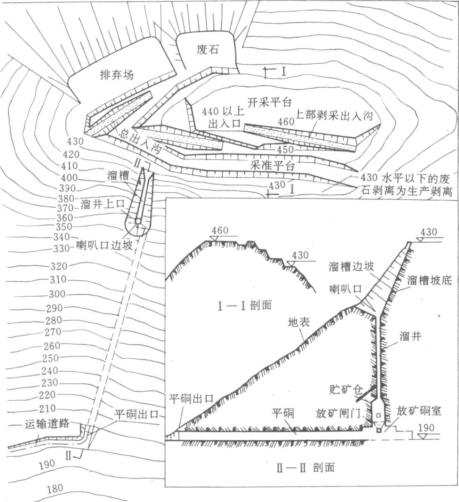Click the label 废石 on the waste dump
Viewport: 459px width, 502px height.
tap(207, 50)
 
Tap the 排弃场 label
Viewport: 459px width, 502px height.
tap(117, 75)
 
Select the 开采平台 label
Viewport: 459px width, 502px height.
tap(269, 102)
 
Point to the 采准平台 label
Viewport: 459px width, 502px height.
tap(272, 166)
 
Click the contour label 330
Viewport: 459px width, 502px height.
tap(61, 248)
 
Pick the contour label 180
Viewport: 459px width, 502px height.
tap(55, 489)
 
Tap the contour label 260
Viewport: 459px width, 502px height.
tap(52, 346)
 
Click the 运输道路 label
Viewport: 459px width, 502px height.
tap(47, 424)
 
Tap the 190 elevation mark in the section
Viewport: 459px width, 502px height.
tap(426, 428)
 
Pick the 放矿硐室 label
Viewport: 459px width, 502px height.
tap(419, 411)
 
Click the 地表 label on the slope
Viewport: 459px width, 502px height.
tap(299, 322)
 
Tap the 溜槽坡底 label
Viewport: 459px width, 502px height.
tap(429, 280)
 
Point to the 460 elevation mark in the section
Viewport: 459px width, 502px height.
tap(220, 230)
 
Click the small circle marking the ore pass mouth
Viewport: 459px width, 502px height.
tap(138, 221)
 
